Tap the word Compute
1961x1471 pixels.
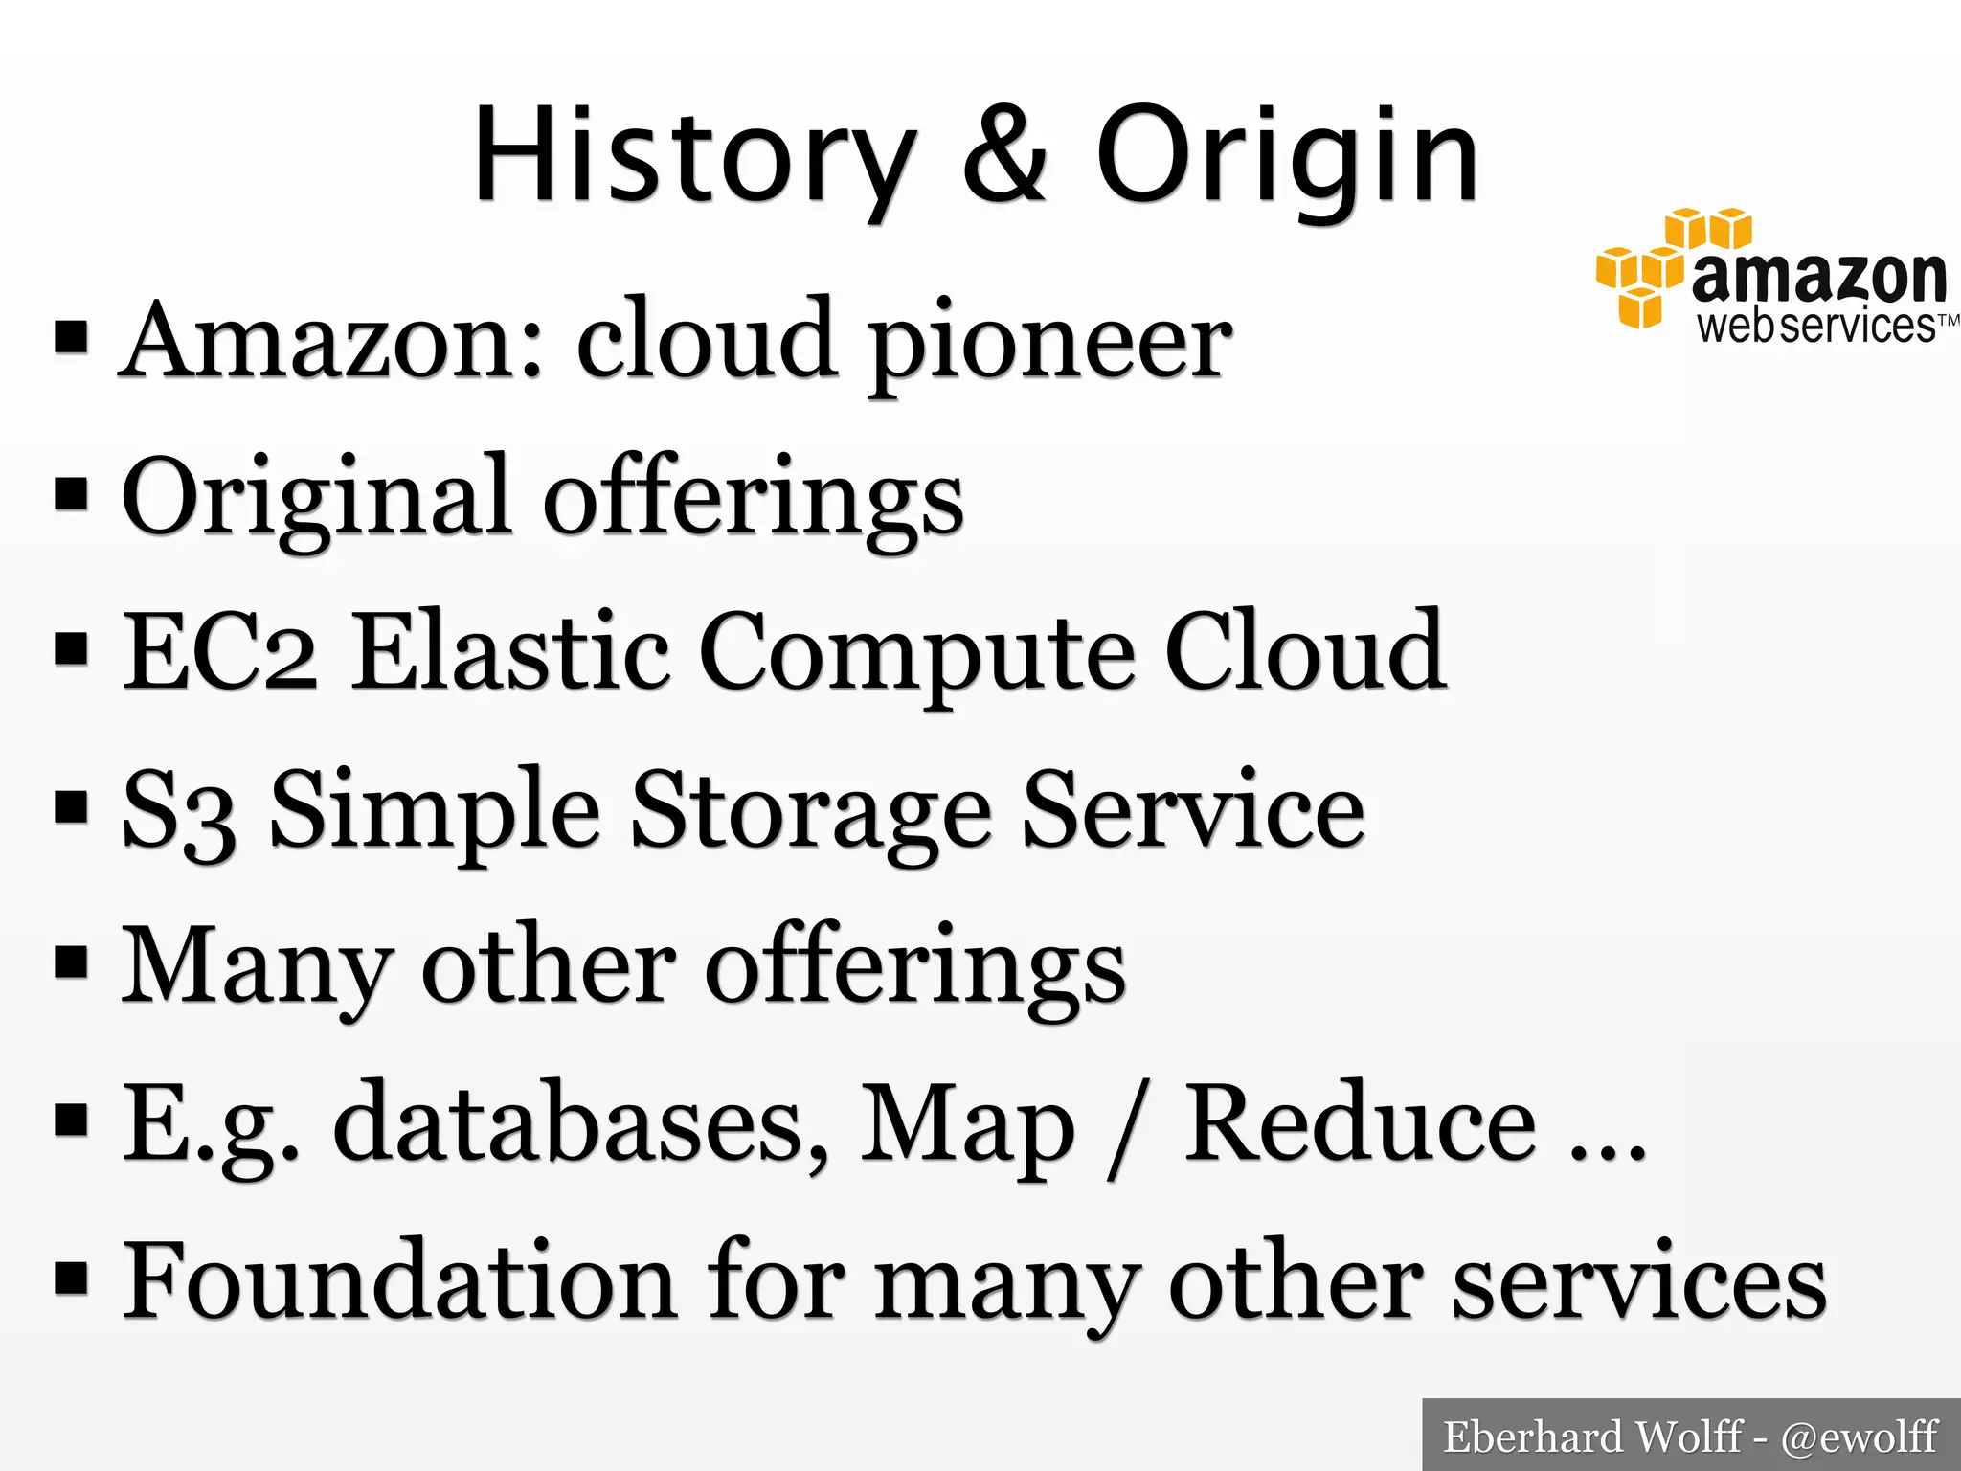tap(918, 655)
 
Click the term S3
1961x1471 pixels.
tap(178, 811)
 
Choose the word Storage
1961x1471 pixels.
tap(810, 813)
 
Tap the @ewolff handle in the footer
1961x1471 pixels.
tap(1859, 1437)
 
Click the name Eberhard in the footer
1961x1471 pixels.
tap(1532, 1437)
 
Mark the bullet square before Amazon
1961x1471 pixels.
tap(72, 338)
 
